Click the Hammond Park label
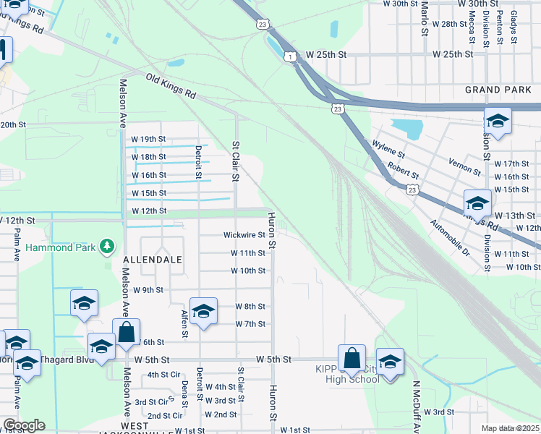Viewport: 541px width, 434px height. (x=61, y=247)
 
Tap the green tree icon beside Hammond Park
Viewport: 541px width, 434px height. (x=107, y=247)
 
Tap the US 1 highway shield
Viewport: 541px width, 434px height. (x=290, y=56)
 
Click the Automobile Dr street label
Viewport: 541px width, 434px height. (x=452, y=240)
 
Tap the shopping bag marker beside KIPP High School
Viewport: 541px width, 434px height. (x=352, y=359)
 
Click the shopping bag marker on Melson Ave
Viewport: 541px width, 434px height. (x=127, y=333)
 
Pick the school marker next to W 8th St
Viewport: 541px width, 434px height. (x=204, y=312)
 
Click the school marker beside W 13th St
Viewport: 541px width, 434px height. (x=477, y=203)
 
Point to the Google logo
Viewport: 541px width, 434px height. (x=24, y=425)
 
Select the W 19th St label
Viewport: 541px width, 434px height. (x=148, y=139)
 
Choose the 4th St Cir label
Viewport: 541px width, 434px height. (x=163, y=375)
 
